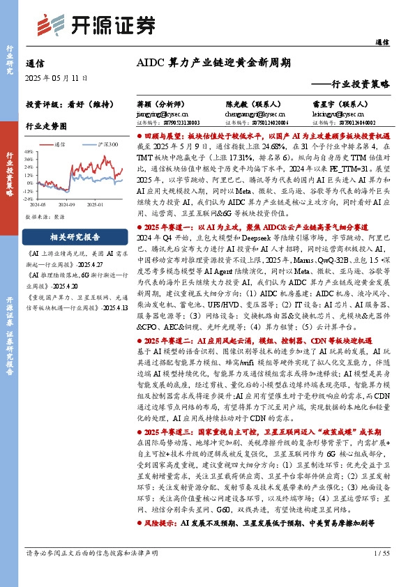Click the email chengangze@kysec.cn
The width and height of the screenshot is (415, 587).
pyautogui.click(x=249, y=112)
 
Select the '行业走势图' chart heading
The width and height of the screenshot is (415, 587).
pyautogui.click(x=46, y=127)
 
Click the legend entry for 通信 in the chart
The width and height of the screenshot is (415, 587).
pyautogui.click(x=59, y=144)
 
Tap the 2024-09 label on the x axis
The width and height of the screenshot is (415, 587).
pyautogui.click(x=68, y=205)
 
